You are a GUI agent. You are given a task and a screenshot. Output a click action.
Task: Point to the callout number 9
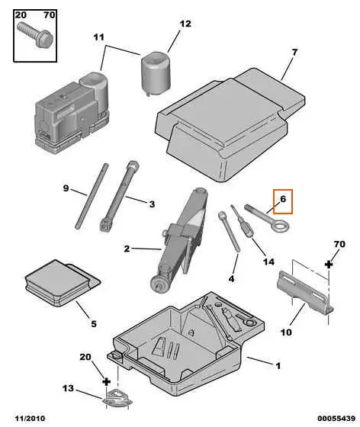(x=66, y=188)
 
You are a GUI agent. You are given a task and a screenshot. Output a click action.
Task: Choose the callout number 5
(x=93, y=323)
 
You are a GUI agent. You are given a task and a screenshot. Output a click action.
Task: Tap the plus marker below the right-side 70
(x=329, y=263)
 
